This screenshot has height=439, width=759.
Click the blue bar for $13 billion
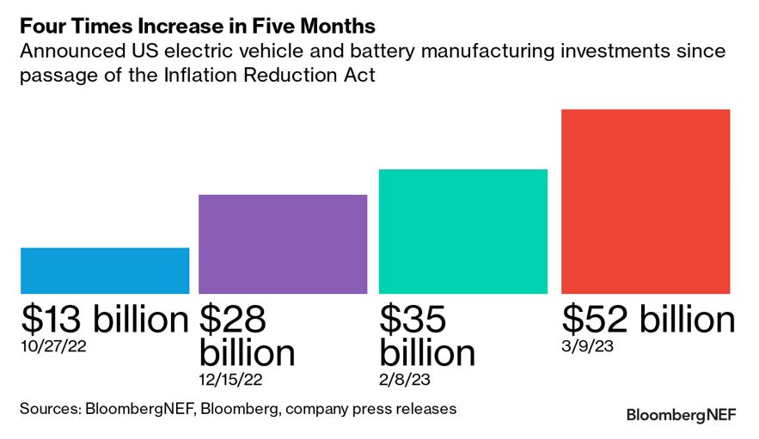tap(105, 271)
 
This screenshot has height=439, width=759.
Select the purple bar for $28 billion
tap(283, 244)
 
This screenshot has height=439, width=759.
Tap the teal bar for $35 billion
tap(463, 231)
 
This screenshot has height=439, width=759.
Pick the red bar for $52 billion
tap(645, 201)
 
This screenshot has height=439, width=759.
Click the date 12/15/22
tap(231, 379)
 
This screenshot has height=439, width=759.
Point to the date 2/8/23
tap(404, 379)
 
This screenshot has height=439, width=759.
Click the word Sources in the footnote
tap(49, 408)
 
